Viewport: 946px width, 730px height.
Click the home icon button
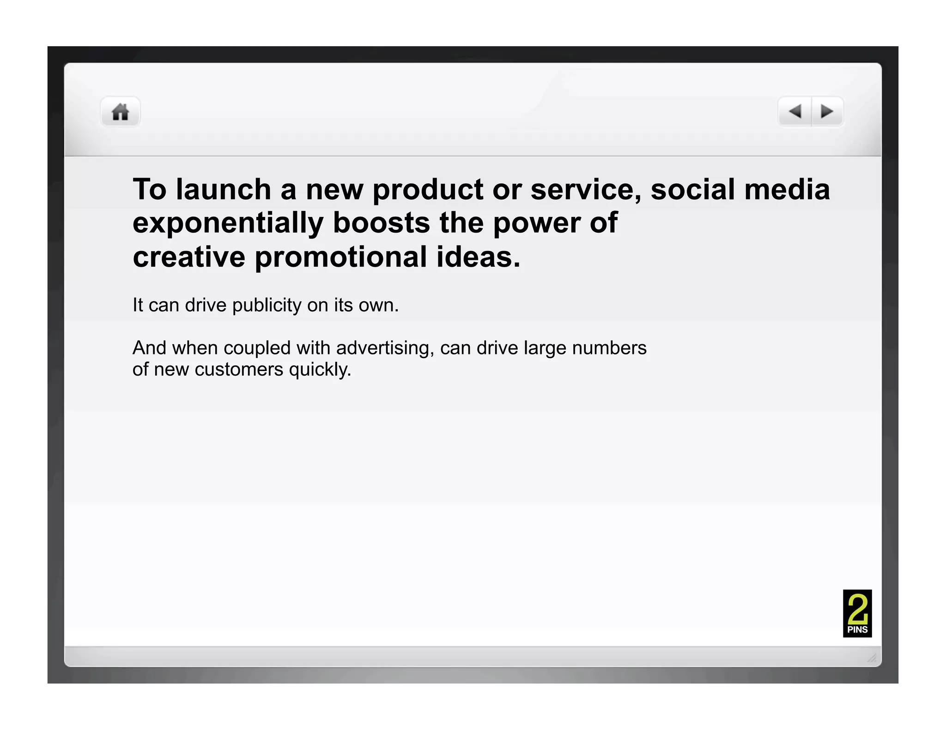121,112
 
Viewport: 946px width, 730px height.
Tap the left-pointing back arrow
795,111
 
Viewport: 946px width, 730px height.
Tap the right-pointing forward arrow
827,111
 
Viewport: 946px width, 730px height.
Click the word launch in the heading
224,190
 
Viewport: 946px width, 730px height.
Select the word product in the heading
428,190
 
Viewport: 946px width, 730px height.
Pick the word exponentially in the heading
228,223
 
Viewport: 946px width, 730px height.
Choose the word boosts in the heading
382,223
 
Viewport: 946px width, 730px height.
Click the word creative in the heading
189,257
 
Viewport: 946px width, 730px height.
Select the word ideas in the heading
478,257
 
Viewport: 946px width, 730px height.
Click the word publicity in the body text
267,305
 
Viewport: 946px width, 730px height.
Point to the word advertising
385,348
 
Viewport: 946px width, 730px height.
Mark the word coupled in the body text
257,348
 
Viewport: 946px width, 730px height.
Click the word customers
239,370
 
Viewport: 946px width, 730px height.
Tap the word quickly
320,370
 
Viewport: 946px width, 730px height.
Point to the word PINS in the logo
857,630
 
